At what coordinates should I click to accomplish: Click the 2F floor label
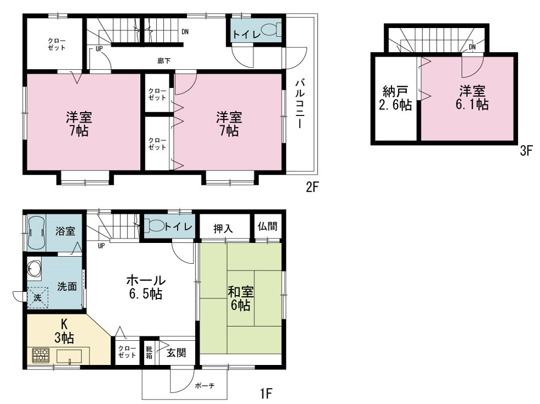[x=312, y=188]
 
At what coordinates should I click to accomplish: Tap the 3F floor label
[x=527, y=151]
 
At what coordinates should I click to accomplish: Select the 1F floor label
[x=266, y=392]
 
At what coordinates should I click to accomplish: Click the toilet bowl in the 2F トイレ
[x=272, y=29]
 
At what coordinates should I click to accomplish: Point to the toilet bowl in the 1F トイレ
[x=153, y=226]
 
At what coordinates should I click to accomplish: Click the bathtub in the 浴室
[x=36, y=233]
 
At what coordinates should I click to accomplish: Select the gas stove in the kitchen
[x=41, y=356]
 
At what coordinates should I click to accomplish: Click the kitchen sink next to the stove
[x=69, y=356]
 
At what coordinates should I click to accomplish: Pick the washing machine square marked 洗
[x=37, y=297]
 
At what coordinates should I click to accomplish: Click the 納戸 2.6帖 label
[x=395, y=98]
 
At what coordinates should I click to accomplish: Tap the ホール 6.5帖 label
[x=146, y=287]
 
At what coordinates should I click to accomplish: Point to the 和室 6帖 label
[x=241, y=298]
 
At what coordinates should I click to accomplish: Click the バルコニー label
[x=300, y=103]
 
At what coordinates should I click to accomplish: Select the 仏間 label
[x=267, y=226]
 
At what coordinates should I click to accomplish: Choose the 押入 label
[x=223, y=229]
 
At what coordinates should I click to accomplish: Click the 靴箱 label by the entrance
[x=149, y=353]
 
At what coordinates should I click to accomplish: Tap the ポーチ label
[x=205, y=386]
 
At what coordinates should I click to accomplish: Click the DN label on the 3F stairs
[x=472, y=47]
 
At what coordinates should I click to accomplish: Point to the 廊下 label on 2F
[x=164, y=61]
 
